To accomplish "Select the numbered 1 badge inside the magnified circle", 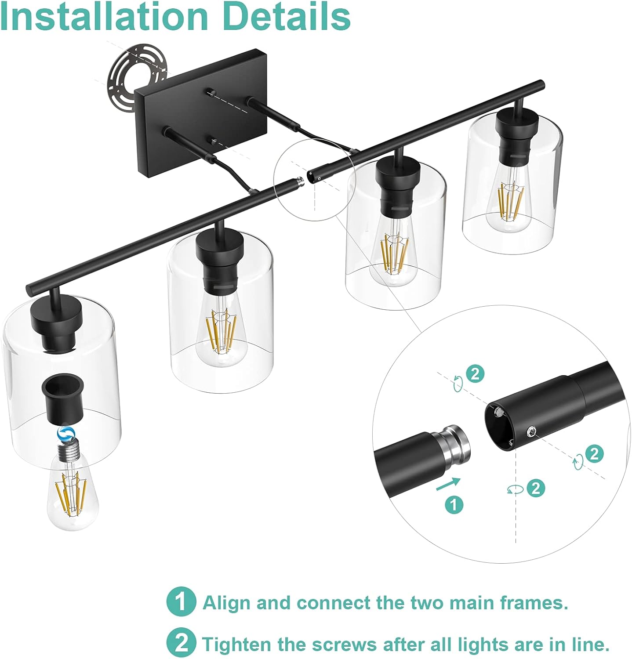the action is coord(454,505).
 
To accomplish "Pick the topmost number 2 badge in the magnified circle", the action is coord(475,374).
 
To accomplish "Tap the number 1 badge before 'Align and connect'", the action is coord(181,601).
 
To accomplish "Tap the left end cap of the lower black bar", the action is coord(30,290).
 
